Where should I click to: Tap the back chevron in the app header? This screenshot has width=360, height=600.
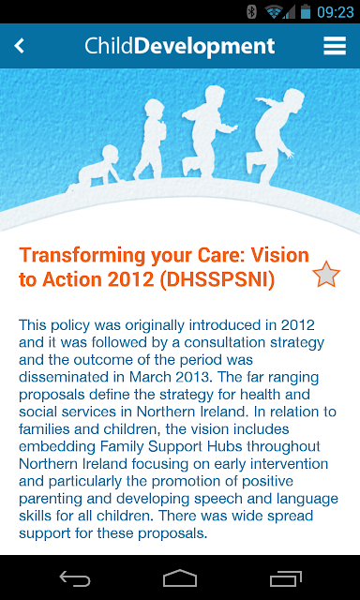coord(19,46)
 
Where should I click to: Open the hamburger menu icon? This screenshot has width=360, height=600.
coord(335,46)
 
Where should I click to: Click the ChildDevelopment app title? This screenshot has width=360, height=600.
coord(180,47)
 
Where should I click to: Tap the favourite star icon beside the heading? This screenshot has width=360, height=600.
coord(326,275)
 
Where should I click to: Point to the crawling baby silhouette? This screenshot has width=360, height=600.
coord(97,168)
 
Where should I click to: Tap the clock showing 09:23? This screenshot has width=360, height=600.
coord(335,12)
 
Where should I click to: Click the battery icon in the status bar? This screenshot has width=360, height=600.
coord(306,12)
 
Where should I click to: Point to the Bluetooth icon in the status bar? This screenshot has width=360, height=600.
coord(251,12)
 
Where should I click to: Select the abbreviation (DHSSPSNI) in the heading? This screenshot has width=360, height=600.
coord(217,280)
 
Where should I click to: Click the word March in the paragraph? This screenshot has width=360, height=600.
coord(150,377)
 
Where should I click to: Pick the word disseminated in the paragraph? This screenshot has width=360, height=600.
coord(64,377)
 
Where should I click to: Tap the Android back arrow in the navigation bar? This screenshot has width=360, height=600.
coord(75,578)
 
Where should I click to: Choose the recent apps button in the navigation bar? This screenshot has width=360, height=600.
coord(285,578)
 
